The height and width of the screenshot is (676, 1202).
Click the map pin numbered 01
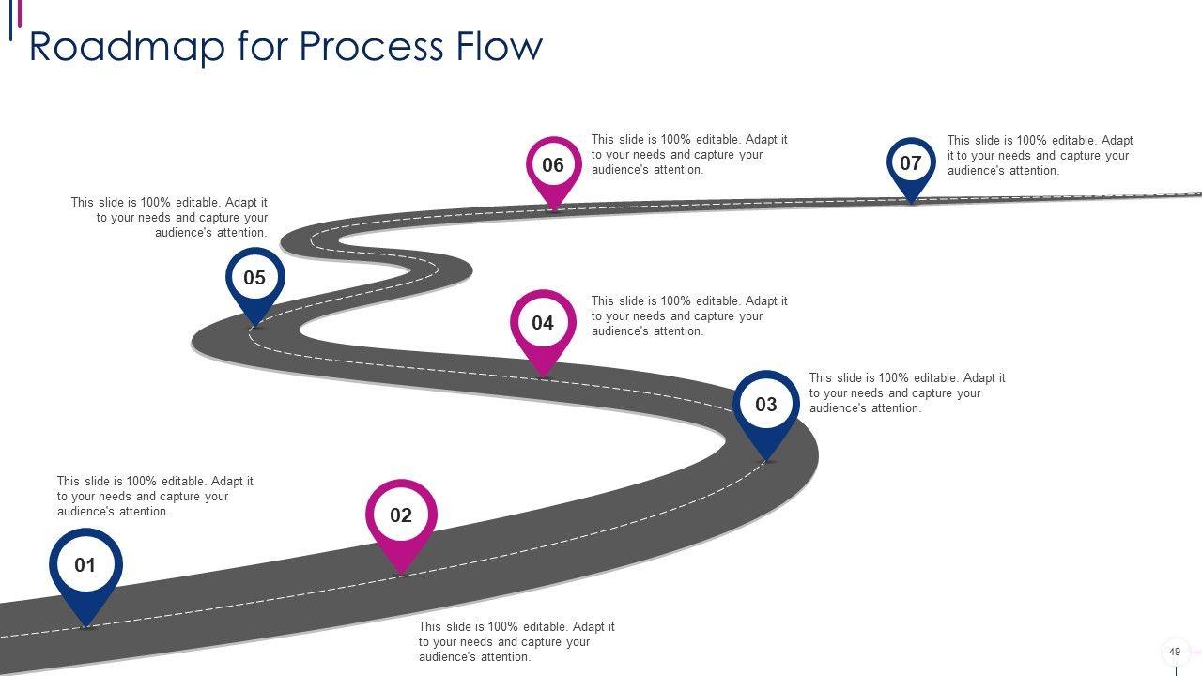tap(85, 566)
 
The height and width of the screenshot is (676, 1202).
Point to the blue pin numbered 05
tap(254, 279)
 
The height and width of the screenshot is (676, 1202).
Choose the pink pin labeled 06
tap(553, 166)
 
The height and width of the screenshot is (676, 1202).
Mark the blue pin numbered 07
tap(911, 164)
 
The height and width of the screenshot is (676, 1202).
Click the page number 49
tap(1174, 652)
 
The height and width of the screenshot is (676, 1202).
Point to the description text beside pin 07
tap(1040, 156)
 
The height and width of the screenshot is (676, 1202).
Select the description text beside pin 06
tap(689, 155)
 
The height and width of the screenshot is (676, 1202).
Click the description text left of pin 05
tap(169, 218)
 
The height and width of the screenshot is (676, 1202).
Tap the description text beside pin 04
tap(689, 316)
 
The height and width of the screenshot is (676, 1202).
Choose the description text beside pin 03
tap(907, 393)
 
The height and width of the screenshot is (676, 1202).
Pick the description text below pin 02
tap(516, 642)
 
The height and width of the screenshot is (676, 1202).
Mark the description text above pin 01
tap(155, 497)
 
